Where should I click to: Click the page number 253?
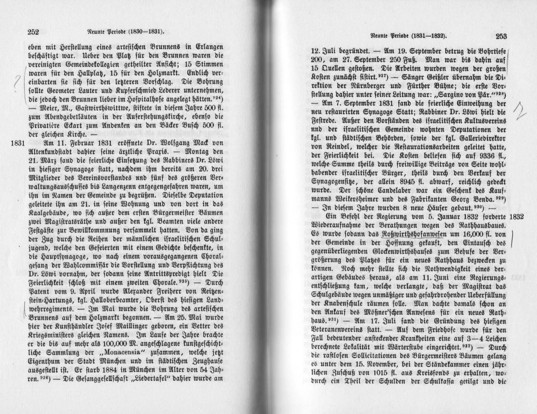500,37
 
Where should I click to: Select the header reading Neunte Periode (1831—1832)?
409,35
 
